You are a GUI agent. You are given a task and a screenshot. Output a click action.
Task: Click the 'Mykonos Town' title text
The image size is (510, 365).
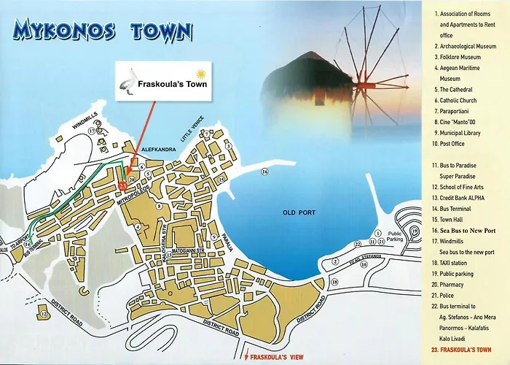click(x=103, y=31)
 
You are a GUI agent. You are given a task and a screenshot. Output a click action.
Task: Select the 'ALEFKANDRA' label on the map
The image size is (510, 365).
click(x=152, y=150)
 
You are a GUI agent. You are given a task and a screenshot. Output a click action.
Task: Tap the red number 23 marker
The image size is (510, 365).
click(x=122, y=186)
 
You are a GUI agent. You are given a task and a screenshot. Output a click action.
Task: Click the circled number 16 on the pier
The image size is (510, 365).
click(x=264, y=172)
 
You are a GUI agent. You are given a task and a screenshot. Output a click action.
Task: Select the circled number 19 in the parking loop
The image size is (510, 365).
click(x=414, y=232)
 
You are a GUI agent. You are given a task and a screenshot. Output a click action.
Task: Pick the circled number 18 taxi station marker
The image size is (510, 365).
click(x=334, y=281)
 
